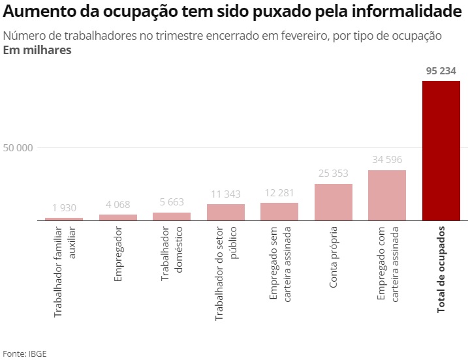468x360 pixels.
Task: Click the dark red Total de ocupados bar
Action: pos(441,151)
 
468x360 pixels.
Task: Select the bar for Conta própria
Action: pos(333,202)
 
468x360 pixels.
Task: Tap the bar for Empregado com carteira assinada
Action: pos(387,195)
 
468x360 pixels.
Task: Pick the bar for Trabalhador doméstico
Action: pos(172,217)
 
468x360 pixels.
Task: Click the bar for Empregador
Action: pos(117,218)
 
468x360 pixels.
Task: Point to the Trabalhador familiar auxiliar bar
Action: pos(64,219)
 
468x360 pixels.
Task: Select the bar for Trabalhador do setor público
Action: pos(225,213)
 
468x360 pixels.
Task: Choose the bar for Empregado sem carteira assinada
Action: pos(279,212)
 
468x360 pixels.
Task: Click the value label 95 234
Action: pos(441,71)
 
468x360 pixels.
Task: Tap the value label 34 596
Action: pos(387,160)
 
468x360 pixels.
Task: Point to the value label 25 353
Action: pos(333,173)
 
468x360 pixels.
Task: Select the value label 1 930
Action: pos(64,207)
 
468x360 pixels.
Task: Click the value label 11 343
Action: pos(225,194)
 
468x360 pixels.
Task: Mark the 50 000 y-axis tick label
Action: pos(18,148)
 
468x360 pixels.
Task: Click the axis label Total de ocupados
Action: pos(441,269)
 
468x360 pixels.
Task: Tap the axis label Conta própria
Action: pos(333,257)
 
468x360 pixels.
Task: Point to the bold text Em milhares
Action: pos(37,50)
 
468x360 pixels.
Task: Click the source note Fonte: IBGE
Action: pos(25,353)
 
